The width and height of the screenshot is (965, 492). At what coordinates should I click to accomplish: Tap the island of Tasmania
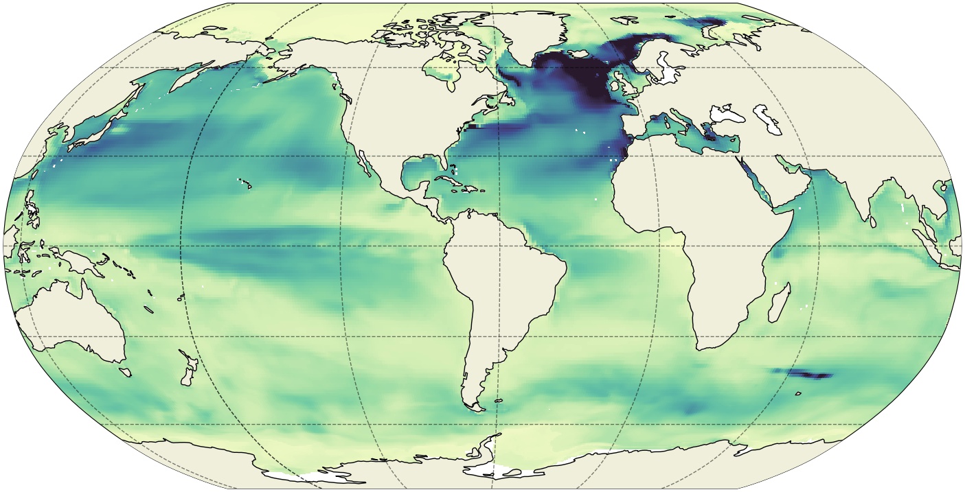point(125,372)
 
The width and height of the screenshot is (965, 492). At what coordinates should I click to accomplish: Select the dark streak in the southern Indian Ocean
point(804,374)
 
